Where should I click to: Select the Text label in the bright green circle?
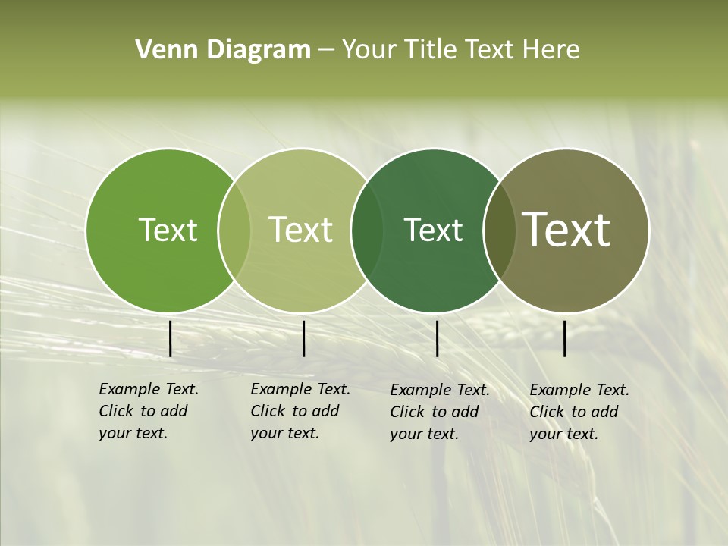tap(168, 230)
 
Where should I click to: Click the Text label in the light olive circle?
tap(301, 230)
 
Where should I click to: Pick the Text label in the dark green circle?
tap(433, 230)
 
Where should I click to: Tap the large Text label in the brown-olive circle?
tap(566, 230)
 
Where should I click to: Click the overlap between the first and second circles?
tap(234, 231)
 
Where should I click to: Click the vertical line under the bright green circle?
tap(171, 338)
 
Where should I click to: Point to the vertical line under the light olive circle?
tap(303, 338)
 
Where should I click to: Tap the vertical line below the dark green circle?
tap(438, 338)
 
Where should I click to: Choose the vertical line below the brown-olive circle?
tap(565, 338)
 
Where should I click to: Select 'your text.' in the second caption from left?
tap(284, 433)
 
